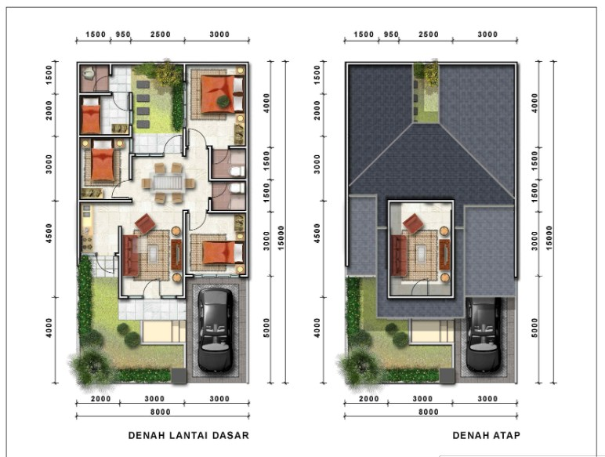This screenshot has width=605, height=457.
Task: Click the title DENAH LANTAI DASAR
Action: click(188, 435)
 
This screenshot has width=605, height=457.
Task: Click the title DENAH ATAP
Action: click(486, 435)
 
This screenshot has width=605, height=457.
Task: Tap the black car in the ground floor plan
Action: click(216, 328)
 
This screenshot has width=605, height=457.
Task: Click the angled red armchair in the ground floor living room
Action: click(144, 224)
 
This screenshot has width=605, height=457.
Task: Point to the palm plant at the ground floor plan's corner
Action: click(92, 364)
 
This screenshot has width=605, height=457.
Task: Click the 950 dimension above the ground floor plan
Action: click(122, 34)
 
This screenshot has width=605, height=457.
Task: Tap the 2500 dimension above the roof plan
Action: click(429, 34)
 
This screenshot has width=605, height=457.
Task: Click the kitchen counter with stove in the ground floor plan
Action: click(85, 228)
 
